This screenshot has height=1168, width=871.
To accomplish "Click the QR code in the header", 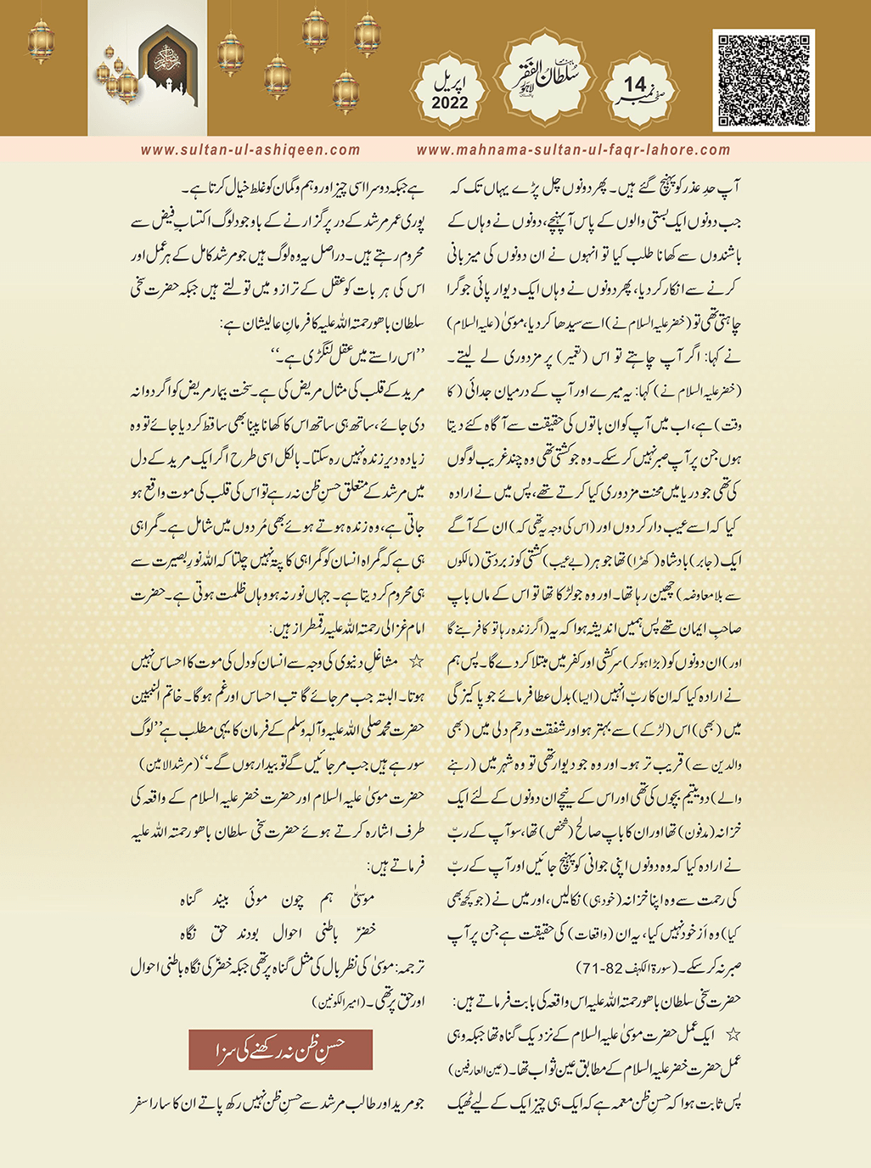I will click(x=763, y=81).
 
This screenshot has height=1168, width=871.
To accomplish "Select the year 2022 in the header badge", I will click(x=450, y=103).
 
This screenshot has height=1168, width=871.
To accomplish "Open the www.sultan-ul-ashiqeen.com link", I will click(x=250, y=150).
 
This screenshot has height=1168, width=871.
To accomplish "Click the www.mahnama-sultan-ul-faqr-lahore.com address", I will click(x=573, y=150).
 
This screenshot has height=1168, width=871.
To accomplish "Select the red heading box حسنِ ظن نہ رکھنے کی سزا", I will click(x=280, y=1049).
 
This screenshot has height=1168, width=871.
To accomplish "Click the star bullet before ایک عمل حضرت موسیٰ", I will click(x=733, y=1035).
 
